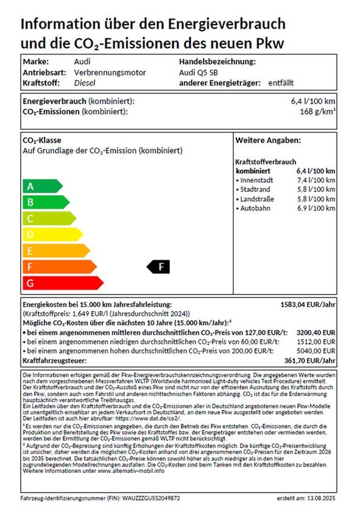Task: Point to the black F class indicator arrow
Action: click(x=159, y=266)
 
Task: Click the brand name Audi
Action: click(x=83, y=62)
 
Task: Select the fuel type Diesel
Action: click(x=86, y=82)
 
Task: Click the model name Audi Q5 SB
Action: click(x=199, y=73)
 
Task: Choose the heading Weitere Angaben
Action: click(x=268, y=140)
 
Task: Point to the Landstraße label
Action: click(x=257, y=199)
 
